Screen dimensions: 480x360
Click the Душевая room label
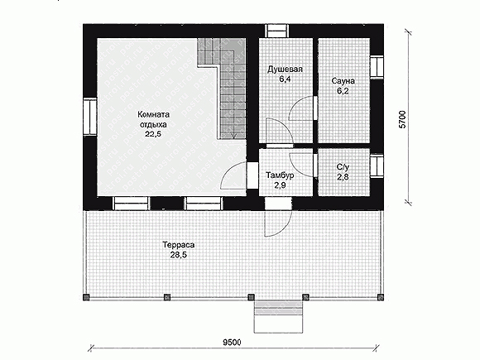point(285,70)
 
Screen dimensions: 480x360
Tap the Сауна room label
point(343,81)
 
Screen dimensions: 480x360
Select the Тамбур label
point(280,175)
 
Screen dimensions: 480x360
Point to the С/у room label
point(343,167)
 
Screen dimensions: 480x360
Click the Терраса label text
point(179,245)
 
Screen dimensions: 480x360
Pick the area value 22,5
point(153,134)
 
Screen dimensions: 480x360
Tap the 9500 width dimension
point(232,343)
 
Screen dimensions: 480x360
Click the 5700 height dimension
point(403,119)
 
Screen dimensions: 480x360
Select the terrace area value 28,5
point(179,255)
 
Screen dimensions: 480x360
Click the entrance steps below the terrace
point(278,316)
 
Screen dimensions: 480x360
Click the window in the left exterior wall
point(90,117)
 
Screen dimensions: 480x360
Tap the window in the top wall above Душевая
point(276,31)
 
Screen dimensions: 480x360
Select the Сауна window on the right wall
point(377,67)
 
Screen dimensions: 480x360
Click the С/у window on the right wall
point(377,166)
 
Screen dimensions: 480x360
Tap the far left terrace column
point(86,297)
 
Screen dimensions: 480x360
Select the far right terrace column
point(381,297)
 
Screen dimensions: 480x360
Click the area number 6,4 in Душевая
point(285,79)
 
